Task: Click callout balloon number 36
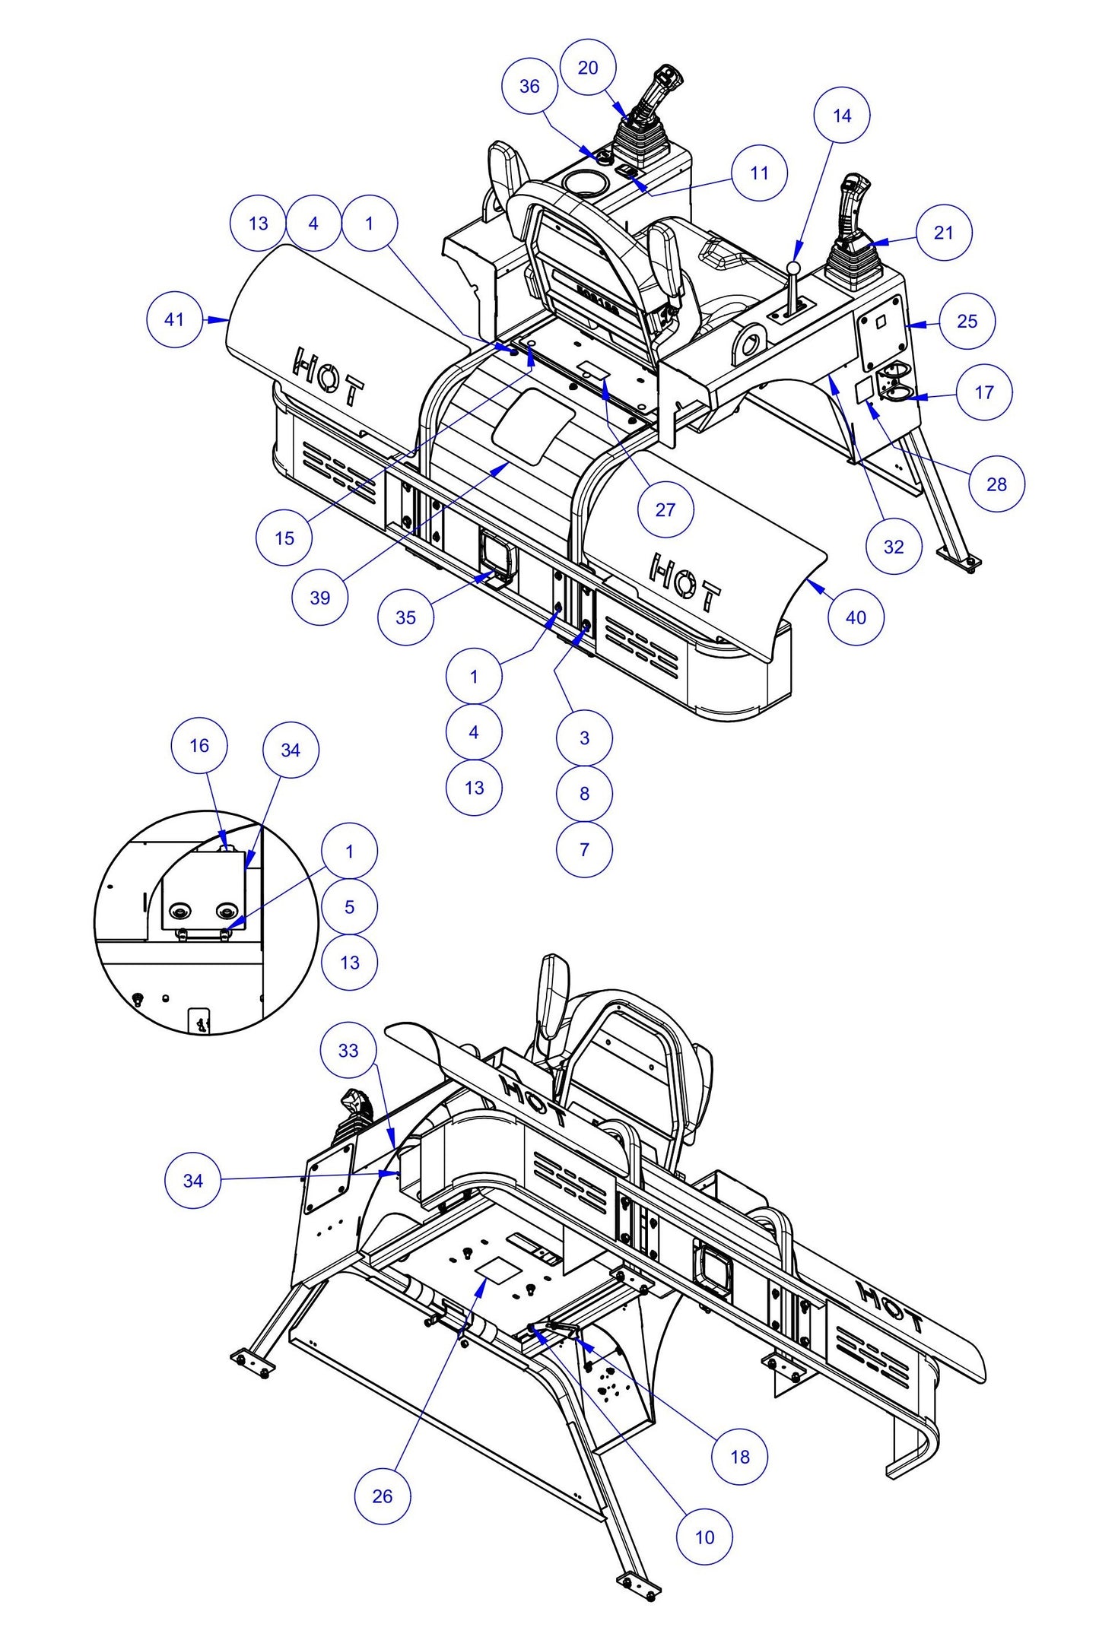click(529, 86)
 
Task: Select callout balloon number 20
click(588, 68)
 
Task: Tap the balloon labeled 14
click(841, 116)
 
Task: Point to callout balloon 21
click(943, 233)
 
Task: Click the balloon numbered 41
click(174, 319)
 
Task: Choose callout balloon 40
click(856, 617)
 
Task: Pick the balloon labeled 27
click(665, 509)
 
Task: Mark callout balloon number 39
click(320, 598)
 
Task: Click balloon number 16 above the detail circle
click(199, 745)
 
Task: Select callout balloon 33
click(348, 1050)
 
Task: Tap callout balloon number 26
click(383, 1496)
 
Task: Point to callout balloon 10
click(704, 1537)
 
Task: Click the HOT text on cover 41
click(328, 376)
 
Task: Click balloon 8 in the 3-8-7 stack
click(584, 793)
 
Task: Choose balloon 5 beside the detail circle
click(349, 906)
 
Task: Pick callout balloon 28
click(996, 484)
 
